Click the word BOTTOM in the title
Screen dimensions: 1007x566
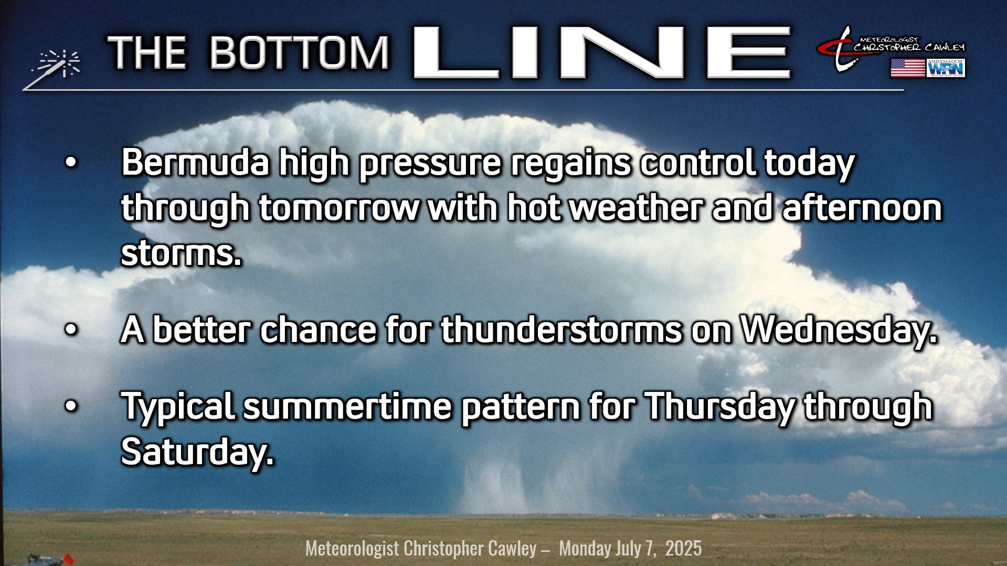pyautogui.click(x=300, y=53)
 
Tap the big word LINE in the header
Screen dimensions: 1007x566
pyautogui.click(x=602, y=52)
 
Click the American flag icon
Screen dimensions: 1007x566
pyautogui.click(x=907, y=68)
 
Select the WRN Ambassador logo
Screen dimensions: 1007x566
pyautogui.click(x=946, y=68)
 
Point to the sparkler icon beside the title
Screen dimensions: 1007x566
pyautogui.click(x=52, y=68)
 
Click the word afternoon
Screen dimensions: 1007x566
pyautogui.click(x=862, y=207)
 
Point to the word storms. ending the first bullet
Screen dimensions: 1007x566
pyautogui.click(x=182, y=253)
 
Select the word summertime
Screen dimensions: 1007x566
pyautogui.click(x=347, y=407)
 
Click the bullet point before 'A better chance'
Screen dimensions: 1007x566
pyautogui.click(x=71, y=330)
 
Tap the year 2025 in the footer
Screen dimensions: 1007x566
pyautogui.click(x=683, y=549)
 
